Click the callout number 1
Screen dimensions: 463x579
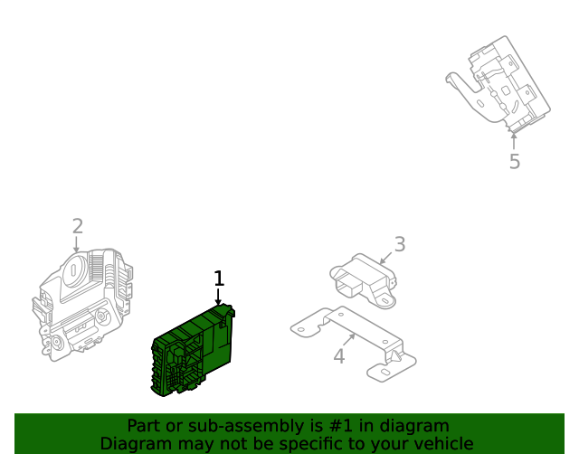218,279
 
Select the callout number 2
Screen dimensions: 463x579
78,225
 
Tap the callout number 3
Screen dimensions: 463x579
399,244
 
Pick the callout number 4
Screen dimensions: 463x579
338,356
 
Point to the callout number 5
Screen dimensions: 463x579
514,162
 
